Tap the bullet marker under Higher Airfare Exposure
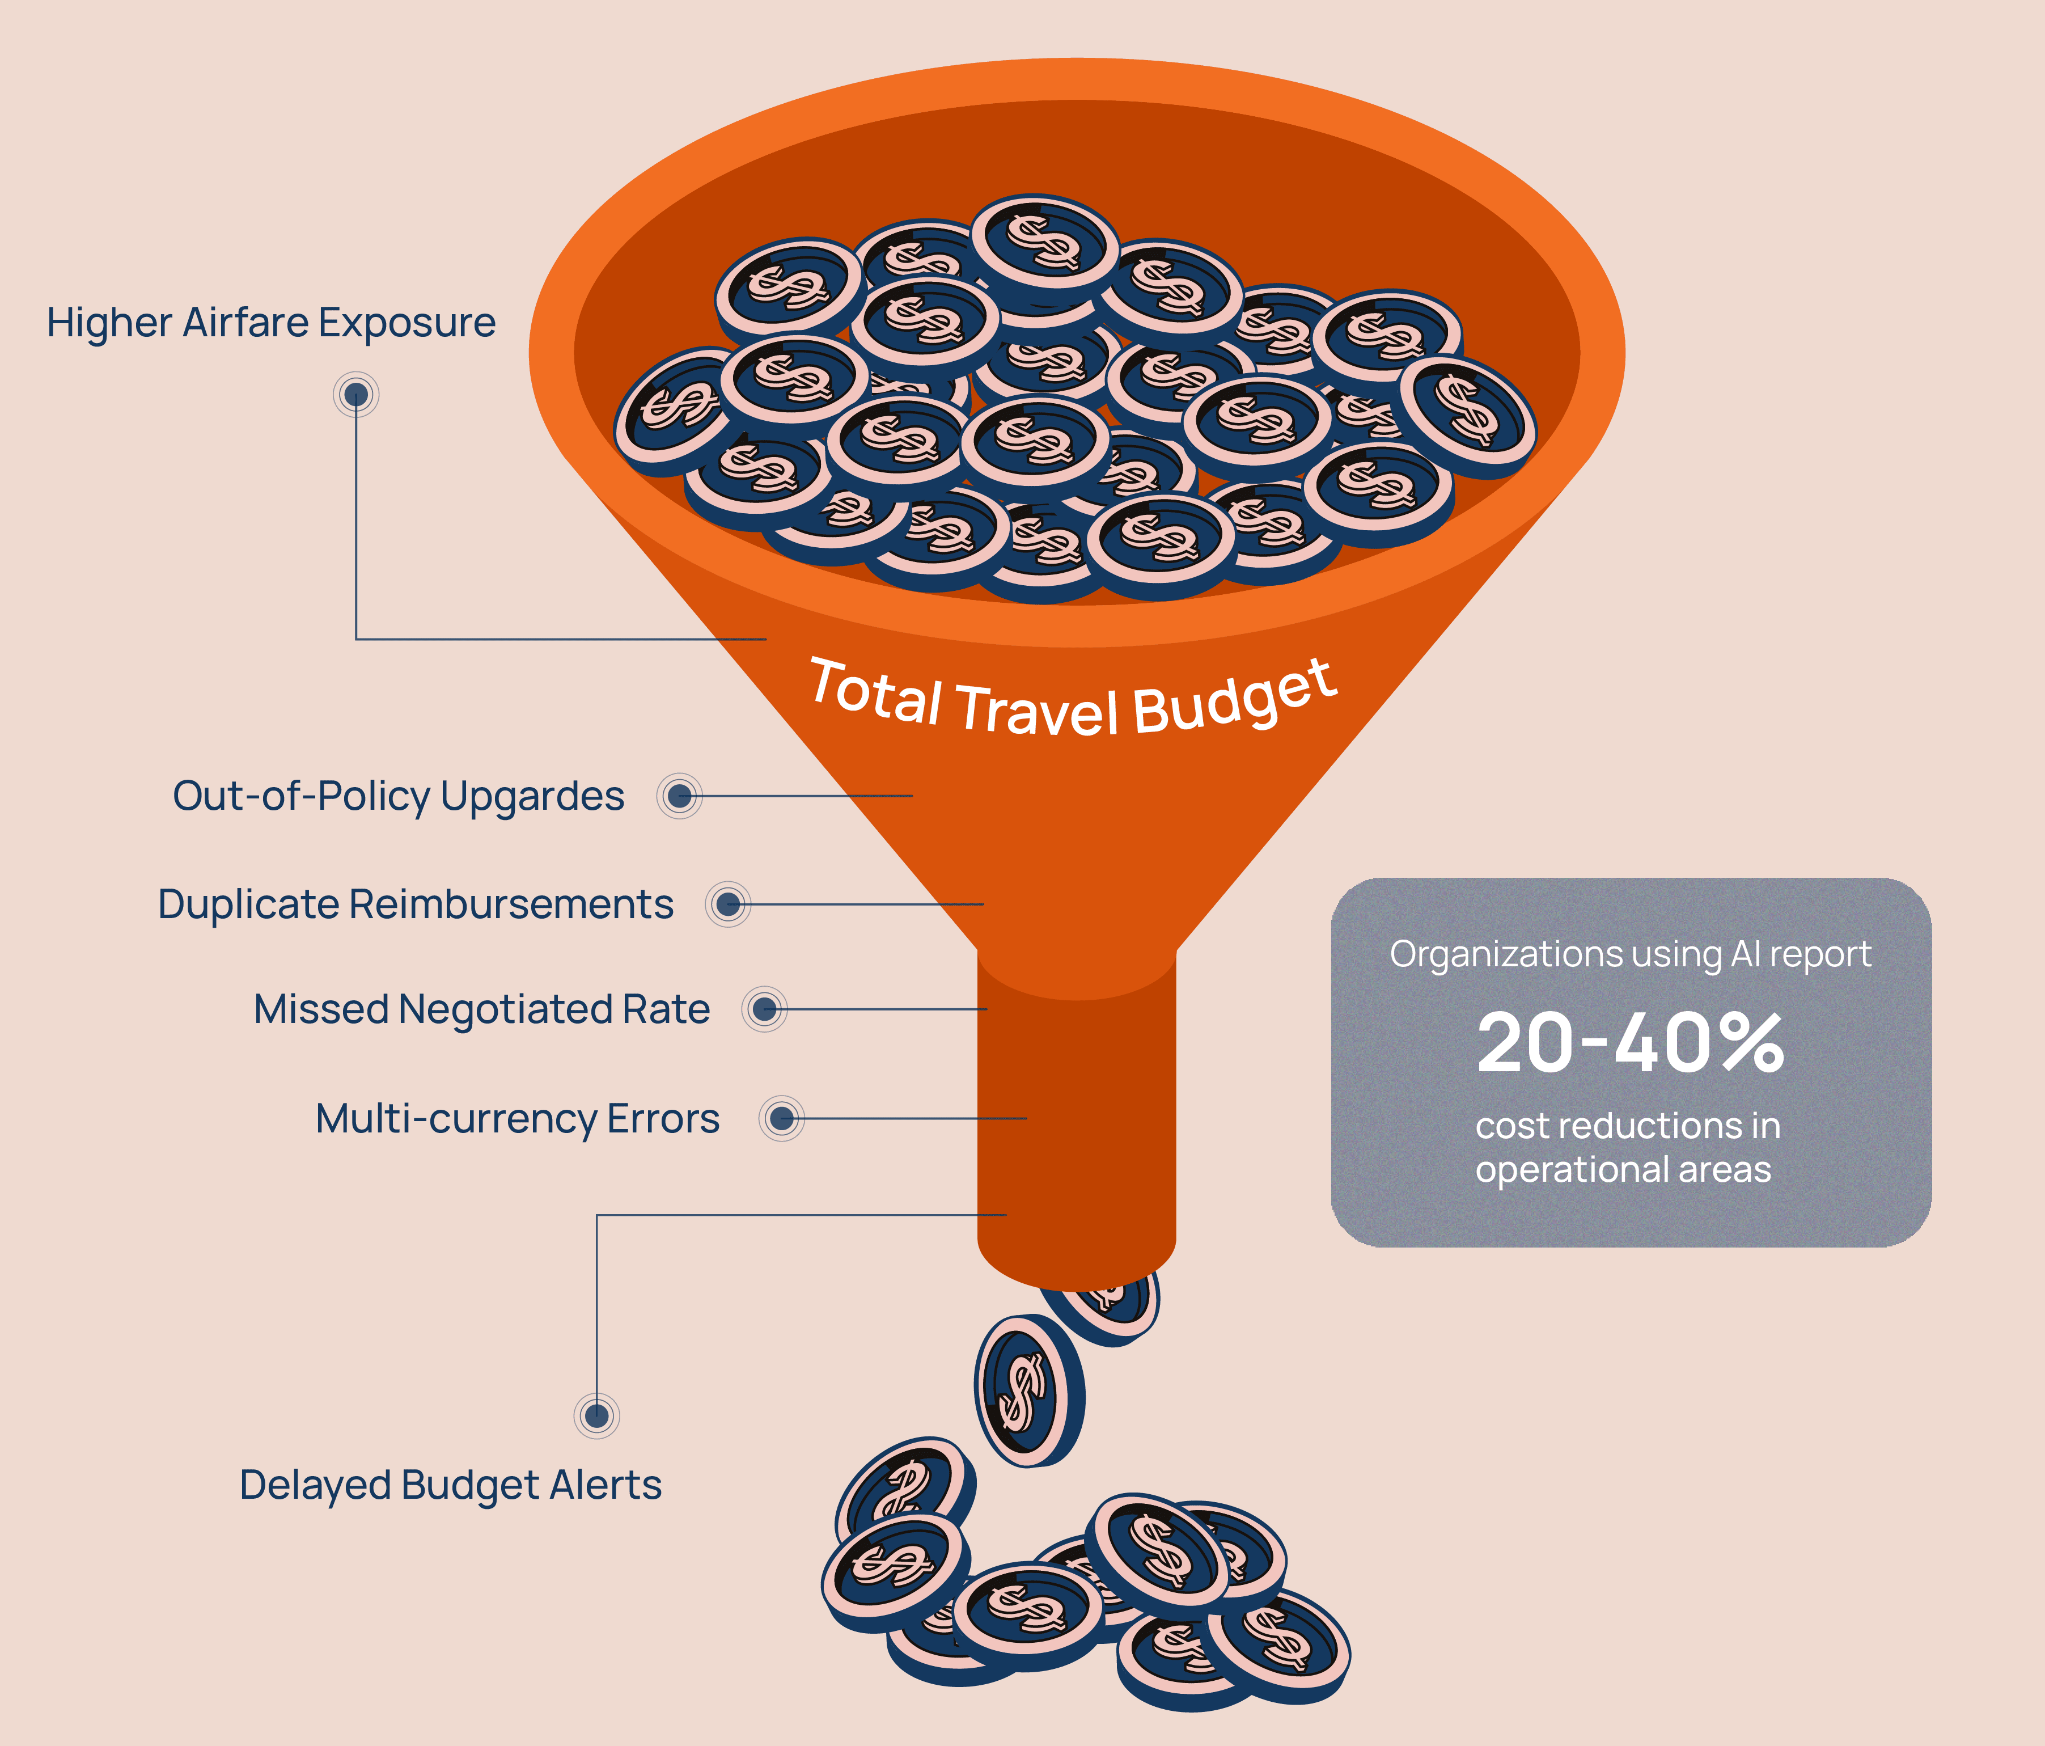click(356, 395)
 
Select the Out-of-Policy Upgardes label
click(398, 796)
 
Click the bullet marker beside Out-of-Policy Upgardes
click(679, 796)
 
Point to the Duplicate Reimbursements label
click(416, 904)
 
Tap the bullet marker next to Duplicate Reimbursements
click(729, 904)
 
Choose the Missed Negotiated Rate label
click(482, 1009)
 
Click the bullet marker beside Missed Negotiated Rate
click(764, 1009)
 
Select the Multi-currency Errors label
click(517, 1118)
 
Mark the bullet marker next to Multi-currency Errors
click(782, 1118)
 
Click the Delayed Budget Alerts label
click(450, 1485)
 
